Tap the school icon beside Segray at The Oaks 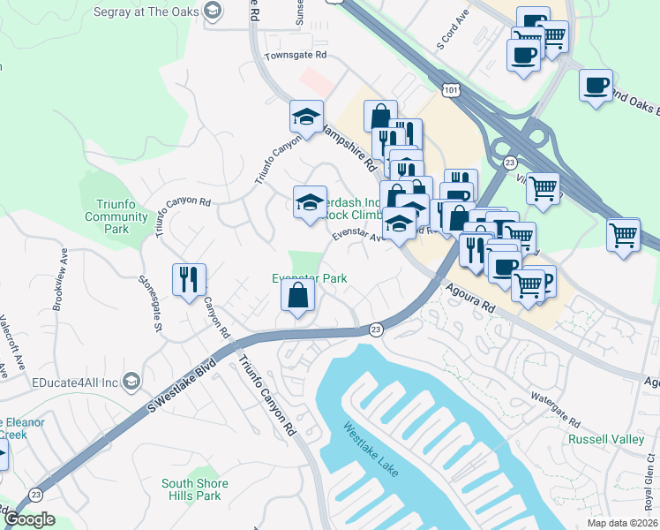tap(212, 10)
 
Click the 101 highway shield tap(451, 90)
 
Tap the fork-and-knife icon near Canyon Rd tap(189, 279)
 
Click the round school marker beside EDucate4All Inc tap(131, 382)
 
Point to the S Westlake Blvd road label tap(182, 386)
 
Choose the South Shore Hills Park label tap(194, 489)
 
